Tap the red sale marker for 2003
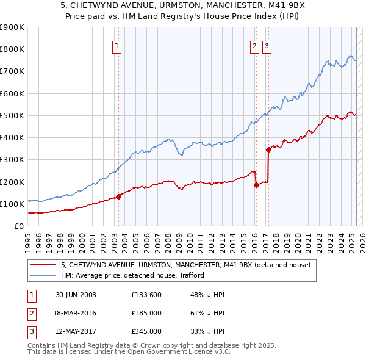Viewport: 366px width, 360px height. pyautogui.click(x=119, y=196)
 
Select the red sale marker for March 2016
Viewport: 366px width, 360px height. pyautogui.click(x=256, y=185)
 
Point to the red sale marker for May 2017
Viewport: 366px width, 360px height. pyautogui.click(x=268, y=149)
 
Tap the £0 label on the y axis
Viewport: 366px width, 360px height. pyautogui.click(x=18, y=226)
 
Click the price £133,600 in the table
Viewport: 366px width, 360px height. pyautogui.click(x=146, y=295)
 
